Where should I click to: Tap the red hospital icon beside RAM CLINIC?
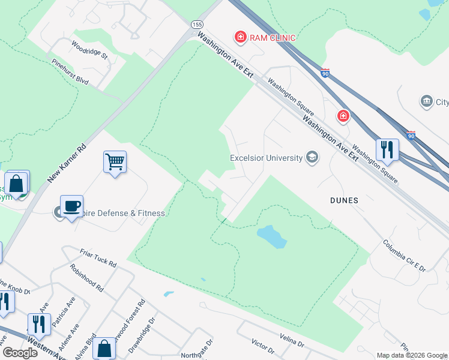(x=241, y=38)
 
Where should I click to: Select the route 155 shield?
(x=197, y=24)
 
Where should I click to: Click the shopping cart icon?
(x=115, y=161)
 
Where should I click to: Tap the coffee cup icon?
(x=71, y=206)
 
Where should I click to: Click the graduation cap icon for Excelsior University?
(x=312, y=158)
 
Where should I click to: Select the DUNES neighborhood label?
(x=345, y=200)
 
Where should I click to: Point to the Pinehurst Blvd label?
(x=70, y=74)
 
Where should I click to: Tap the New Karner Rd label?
(x=67, y=163)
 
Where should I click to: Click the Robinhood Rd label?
(x=86, y=278)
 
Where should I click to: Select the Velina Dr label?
(x=292, y=341)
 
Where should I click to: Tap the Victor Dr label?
(x=262, y=346)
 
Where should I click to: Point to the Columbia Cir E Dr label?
(x=404, y=256)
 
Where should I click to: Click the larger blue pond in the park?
(x=272, y=236)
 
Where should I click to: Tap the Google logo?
(x=20, y=352)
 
